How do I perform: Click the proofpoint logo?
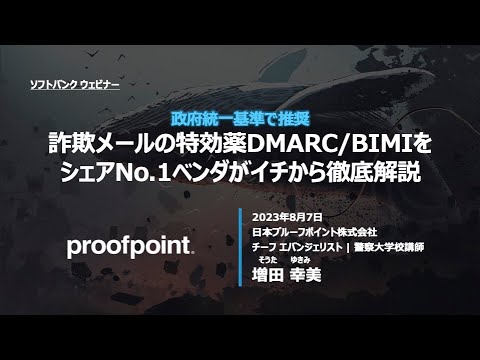coord(130,247)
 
